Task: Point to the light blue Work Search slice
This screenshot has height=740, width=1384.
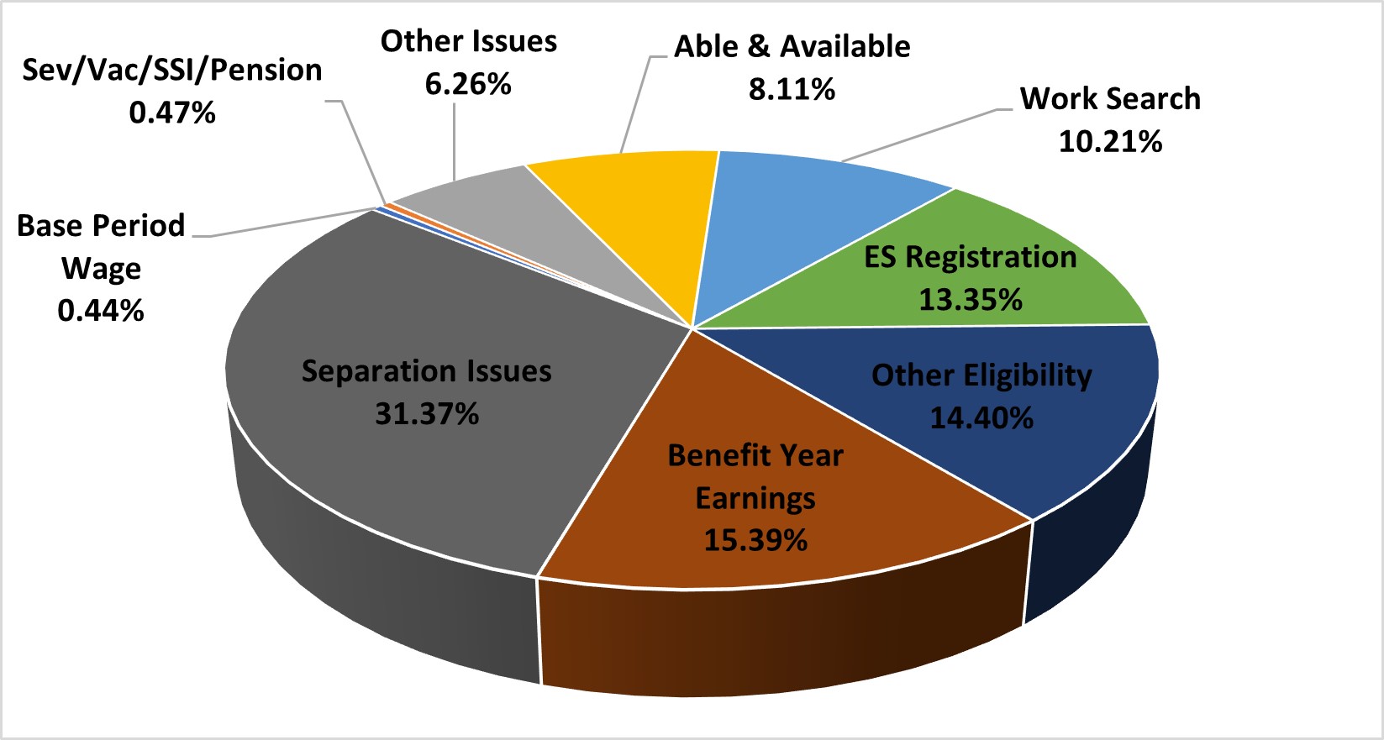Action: click(x=807, y=218)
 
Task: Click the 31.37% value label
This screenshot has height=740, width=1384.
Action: click(x=427, y=414)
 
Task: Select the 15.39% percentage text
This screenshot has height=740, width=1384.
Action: click(x=755, y=540)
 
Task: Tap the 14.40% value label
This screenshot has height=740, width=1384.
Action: click(x=981, y=418)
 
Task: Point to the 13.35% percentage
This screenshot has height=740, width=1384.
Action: click(x=971, y=300)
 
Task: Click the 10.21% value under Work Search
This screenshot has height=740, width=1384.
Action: click(x=1110, y=142)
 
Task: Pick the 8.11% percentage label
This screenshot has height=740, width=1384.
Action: click(x=792, y=89)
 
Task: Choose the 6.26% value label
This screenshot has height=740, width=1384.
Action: click(x=468, y=84)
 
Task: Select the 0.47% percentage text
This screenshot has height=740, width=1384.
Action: click(x=172, y=113)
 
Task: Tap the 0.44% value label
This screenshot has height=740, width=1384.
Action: click(x=101, y=312)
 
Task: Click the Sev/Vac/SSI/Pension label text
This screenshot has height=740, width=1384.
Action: click(x=172, y=71)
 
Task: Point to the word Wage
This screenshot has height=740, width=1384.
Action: click(x=101, y=270)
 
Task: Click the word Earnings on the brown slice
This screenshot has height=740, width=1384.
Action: click(x=755, y=498)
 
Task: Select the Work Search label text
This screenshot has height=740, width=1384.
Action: click(x=1110, y=99)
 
